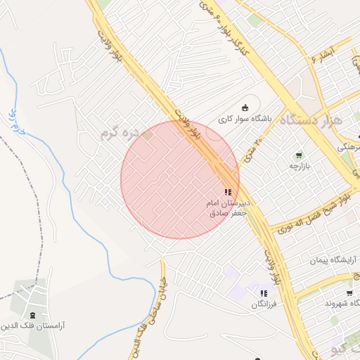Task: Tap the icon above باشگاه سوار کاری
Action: tap(245, 108)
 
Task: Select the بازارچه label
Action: tap(300, 166)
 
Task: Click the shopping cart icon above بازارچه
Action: tap(300, 155)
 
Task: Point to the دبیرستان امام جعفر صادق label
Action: tap(227, 207)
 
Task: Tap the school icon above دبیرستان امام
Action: tap(227, 192)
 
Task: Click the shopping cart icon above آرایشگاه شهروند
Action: tap(349, 292)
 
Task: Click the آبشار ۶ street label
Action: tap(323, 54)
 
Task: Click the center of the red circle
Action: tap(180, 179)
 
